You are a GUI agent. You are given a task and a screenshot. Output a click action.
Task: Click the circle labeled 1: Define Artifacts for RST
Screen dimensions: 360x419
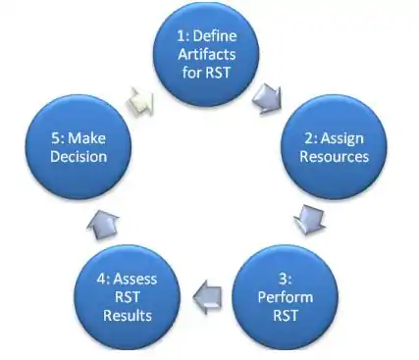[x=208, y=54]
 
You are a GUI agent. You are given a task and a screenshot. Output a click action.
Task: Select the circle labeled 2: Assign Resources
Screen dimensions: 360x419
[x=329, y=144]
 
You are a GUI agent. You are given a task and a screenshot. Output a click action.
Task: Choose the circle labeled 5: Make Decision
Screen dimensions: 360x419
[x=79, y=144]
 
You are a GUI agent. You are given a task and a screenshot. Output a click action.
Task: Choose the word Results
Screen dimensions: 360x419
[x=130, y=317]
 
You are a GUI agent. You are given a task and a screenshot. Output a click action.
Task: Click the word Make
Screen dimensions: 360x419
[x=88, y=135]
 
